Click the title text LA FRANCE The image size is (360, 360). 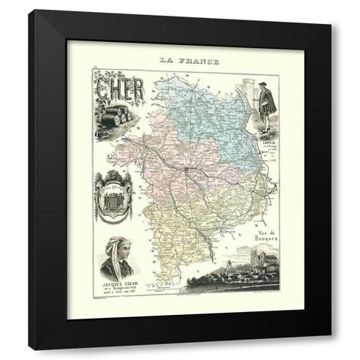click(x=181, y=61)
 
